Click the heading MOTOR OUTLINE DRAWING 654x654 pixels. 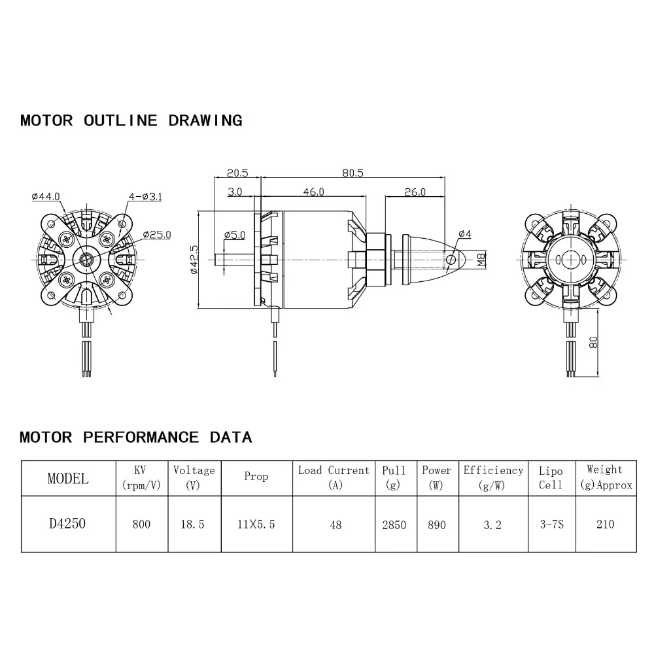[x=131, y=120]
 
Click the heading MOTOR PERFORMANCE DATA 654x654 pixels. [x=135, y=437]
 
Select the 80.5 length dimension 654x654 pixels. [x=352, y=173]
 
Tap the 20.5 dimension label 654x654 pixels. [x=237, y=173]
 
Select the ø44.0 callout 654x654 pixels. [x=45, y=196]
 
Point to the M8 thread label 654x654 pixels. [x=482, y=260]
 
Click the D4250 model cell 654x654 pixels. [x=67, y=524]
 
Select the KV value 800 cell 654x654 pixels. [x=141, y=524]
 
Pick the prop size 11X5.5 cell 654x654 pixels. [x=256, y=524]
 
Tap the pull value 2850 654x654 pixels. [x=394, y=524]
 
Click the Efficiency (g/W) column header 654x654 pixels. [x=493, y=477]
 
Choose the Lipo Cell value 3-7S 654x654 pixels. [x=550, y=524]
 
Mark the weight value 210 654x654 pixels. [x=605, y=524]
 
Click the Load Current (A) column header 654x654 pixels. [x=334, y=477]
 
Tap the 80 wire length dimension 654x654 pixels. [x=593, y=342]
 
